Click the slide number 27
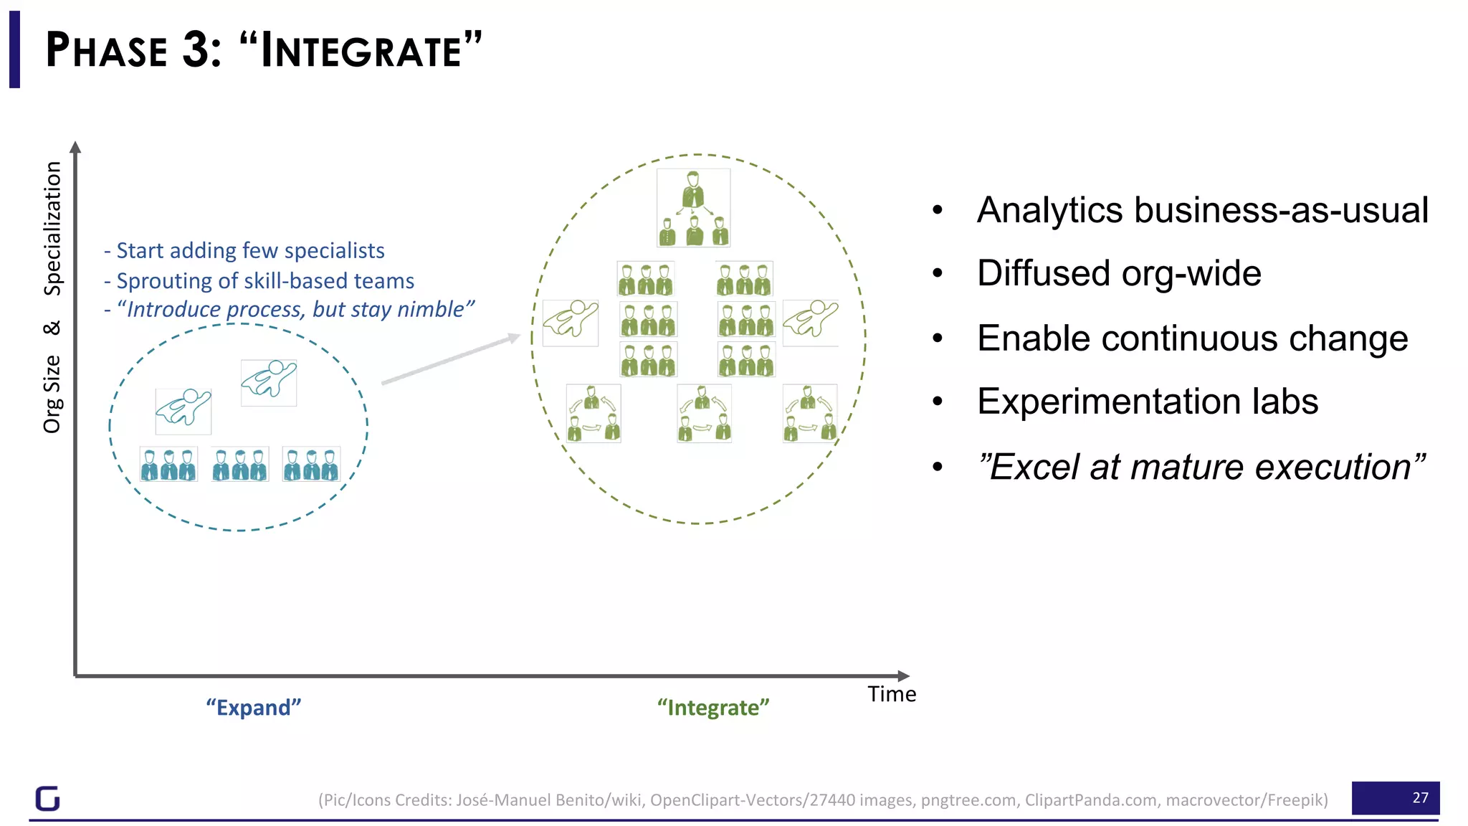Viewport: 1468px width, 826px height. pyautogui.click(x=1419, y=797)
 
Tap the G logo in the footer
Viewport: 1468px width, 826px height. pyautogui.click(x=48, y=798)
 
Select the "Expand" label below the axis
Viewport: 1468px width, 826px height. pyautogui.click(x=253, y=708)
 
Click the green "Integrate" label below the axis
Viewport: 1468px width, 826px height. pyautogui.click(x=712, y=708)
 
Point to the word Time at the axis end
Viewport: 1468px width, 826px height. pyautogui.click(x=891, y=694)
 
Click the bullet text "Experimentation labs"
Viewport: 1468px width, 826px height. pyautogui.click(x=1147, y=402)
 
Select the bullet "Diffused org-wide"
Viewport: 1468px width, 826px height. pyautogui.click(x=1118, y=273)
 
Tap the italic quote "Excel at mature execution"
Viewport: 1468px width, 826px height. pyautogui.click(x=1201, y=467)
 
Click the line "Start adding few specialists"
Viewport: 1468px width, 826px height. pyautogui.click(x=249, y=250)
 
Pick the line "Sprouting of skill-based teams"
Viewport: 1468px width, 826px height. pyautogui.click(x=264, y=280)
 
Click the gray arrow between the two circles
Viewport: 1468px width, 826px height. pyautogui.click(x=450, y=359)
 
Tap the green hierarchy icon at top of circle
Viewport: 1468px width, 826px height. pyautogui.click(x=693, y=208)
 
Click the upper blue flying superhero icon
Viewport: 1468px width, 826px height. pyautogui.click(x=268, y=382)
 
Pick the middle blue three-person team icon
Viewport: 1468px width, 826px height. pyautogui.click(x=239, y=464)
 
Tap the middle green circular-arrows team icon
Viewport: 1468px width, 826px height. pyautogui.click(x=704, y=413)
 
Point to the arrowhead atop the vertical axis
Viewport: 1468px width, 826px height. pyautogui.click(x=75, y=146)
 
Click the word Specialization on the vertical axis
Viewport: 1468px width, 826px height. pyautogui.click(x=52, y=228)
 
